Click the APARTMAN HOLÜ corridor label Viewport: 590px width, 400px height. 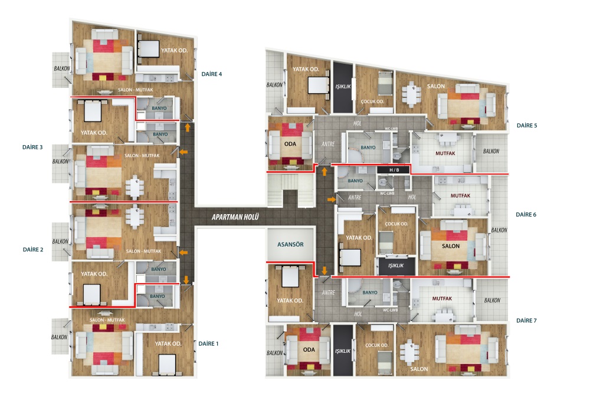[x=235, y=217]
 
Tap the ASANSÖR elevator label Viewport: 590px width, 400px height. [x=290, y=245]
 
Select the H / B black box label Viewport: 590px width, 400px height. [x=394, y=170]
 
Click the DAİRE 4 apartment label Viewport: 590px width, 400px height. [x=211, y=74]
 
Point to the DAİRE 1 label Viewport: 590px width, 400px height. [x=208, y=343]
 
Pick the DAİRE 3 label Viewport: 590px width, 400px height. [x=32, y=147]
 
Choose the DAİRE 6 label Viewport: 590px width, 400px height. [x=526, y=215]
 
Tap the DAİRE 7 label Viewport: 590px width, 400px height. [x=526, y=320]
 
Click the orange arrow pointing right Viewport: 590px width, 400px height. [x=332, y=199]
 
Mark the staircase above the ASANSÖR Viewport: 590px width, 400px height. [x=290, y=192]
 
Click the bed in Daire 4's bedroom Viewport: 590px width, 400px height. [x=149, y=49]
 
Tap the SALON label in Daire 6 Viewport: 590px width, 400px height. [x=450, y=246]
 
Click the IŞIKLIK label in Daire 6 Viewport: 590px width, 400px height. [x=396, y=265]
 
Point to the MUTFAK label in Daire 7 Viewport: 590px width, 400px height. [x=442, y=299]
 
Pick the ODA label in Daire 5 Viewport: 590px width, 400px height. [x=290, y=144]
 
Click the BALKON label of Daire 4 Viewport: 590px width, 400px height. [x=62, y=68]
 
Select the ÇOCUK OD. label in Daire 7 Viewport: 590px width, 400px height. [x=376, y=345]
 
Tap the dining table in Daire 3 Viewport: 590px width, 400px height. [x=135, y=187]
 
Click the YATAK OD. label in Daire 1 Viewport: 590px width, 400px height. [x=168, y=343]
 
